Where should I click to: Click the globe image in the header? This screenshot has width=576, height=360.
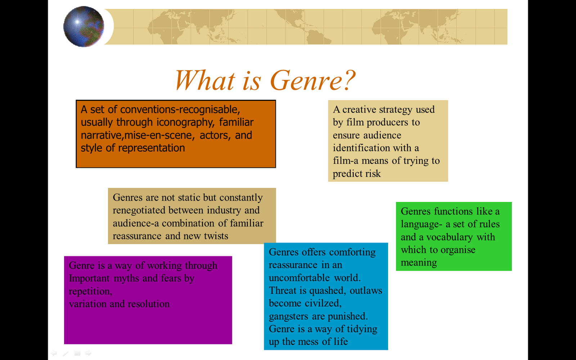coord(84,27)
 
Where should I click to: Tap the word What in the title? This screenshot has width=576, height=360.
coord(205,80)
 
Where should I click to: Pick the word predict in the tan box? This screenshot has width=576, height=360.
coord(347,174)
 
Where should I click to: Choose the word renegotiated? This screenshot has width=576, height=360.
coord(139,210)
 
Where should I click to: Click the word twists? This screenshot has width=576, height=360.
coord(216,236)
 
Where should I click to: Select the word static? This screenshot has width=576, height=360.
coord(189,198)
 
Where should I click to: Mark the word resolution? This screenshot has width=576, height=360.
coord(149,304)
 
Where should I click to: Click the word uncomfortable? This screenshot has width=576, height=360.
coord(300,278)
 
